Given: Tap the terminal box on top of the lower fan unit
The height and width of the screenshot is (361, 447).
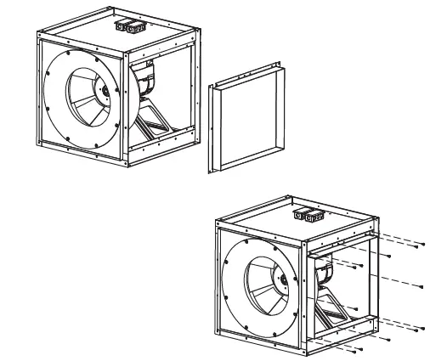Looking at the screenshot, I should pos(309,216).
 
